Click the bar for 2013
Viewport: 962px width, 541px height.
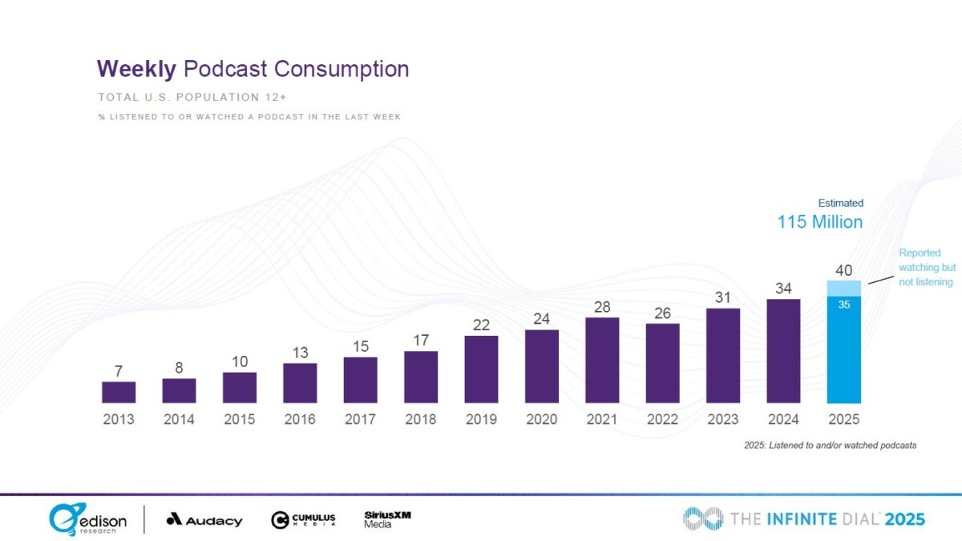pyautogui.click(x=119, y=392)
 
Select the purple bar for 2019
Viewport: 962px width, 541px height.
pyautogui.click(x=481, y=369)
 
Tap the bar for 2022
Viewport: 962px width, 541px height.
pyautogui.click(x=662, y=363)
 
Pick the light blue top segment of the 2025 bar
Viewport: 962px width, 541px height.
pyautogui.click(x=844, y=289)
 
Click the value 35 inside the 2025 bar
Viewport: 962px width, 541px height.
pyautogui.click(x=844, y=305)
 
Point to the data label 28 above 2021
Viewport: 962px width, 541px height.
pyautogui.click(x=602, y=307)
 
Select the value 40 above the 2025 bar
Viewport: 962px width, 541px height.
pyautogui.click(x=844, y=270)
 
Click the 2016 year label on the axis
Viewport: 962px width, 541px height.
pyautogui.click(x=300, y=419)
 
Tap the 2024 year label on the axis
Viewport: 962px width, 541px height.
pyautogui.click(x=783, y=419)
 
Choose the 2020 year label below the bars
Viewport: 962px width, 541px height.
pyautogui.click(x=541, y=419)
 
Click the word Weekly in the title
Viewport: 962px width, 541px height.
pyautogui.click(x=136, y=69)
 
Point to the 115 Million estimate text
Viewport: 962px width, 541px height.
pyautogui.click(x=820, y=222)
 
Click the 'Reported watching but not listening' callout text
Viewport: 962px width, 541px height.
pyautogui.click(x=925, y=267)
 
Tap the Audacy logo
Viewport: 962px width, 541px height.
pyautogui.click(x=204, y=520)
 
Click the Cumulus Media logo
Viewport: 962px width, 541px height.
pyautogui.click(x=303, y=519)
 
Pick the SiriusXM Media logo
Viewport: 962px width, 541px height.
pyautogui.click(x=387, y=519)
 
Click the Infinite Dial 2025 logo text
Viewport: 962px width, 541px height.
pyautogui.click(x=804, y=519)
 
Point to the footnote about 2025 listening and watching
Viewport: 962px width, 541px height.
pyautogui.click(x=831, y=444)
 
